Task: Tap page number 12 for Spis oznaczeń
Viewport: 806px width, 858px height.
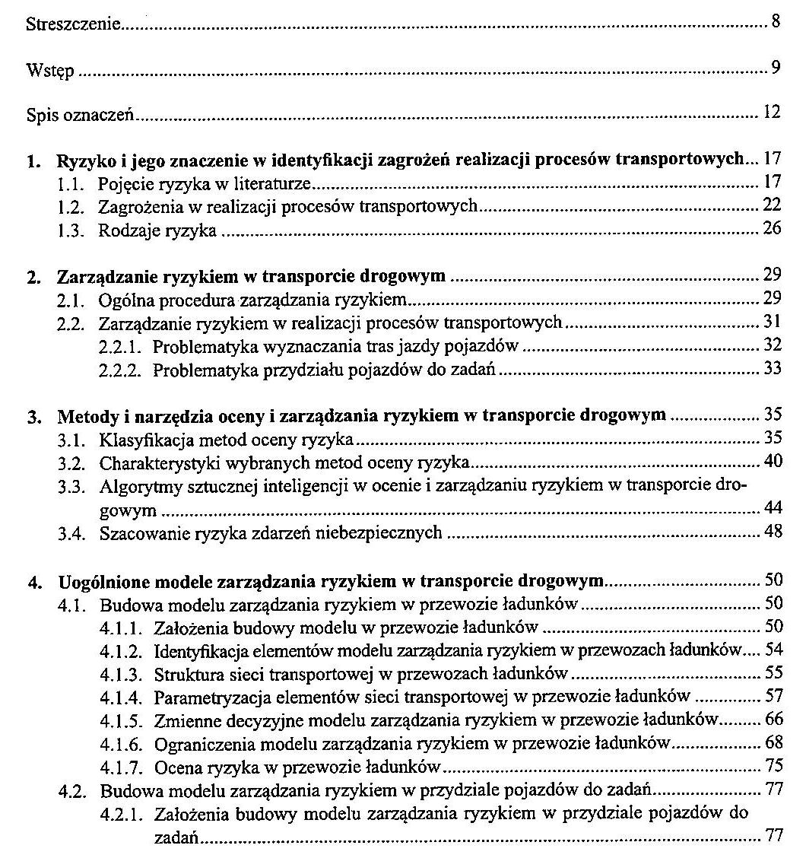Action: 773,114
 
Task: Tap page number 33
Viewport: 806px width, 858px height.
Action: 773,370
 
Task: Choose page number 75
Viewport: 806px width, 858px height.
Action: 773,765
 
